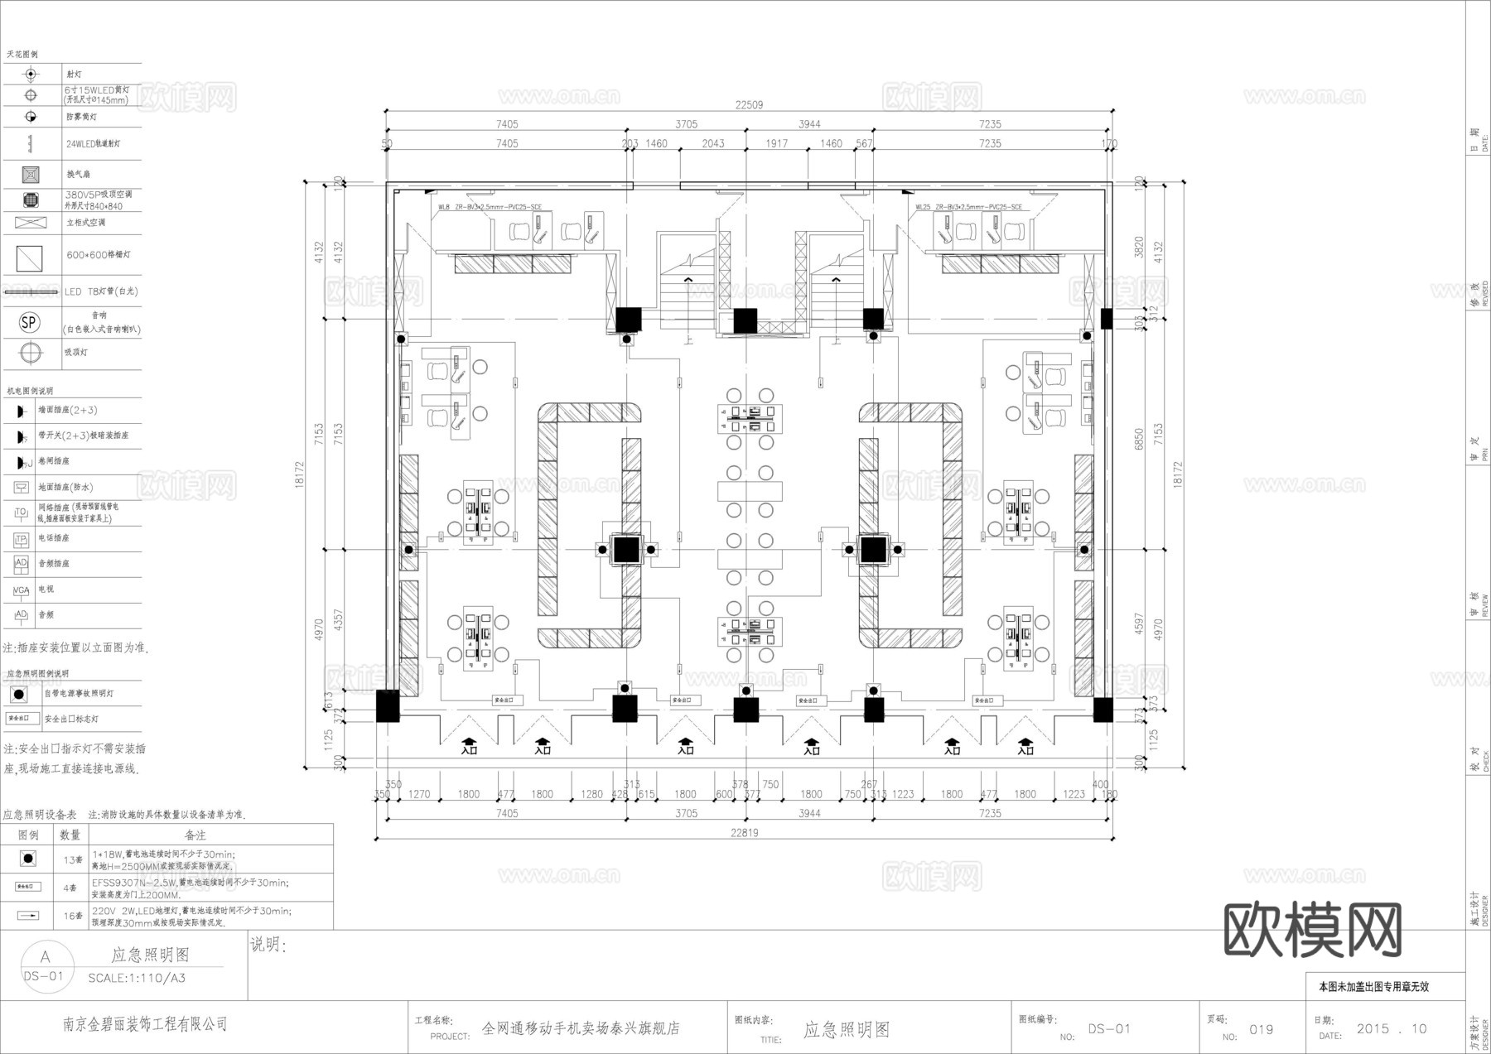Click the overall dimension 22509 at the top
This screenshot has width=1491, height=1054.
(x=749, y=105)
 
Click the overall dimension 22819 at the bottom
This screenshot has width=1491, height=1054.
(x=744, y=833)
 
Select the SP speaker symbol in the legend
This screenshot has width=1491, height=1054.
(x=30, y=322)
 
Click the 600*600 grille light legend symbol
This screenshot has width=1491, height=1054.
(x=30, y=258)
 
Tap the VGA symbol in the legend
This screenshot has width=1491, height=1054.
(x=21, y=590)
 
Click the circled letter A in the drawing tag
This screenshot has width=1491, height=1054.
(x=45, y=956)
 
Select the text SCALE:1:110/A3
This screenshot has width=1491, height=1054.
(x=137, y=978)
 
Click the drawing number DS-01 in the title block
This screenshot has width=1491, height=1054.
(x=1108, y=1029)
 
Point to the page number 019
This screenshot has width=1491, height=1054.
(x=1261, y=1030)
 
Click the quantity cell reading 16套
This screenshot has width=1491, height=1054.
(x=72, y=916)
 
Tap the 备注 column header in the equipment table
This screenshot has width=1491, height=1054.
(x=195, y=835)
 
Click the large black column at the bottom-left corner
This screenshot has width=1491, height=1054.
(x=388, y=706)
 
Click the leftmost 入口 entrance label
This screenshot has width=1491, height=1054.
(x=469, y=750)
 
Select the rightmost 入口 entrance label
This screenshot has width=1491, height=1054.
(x=1025, y=750)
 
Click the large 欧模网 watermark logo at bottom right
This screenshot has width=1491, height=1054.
(x=1312, y=929)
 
